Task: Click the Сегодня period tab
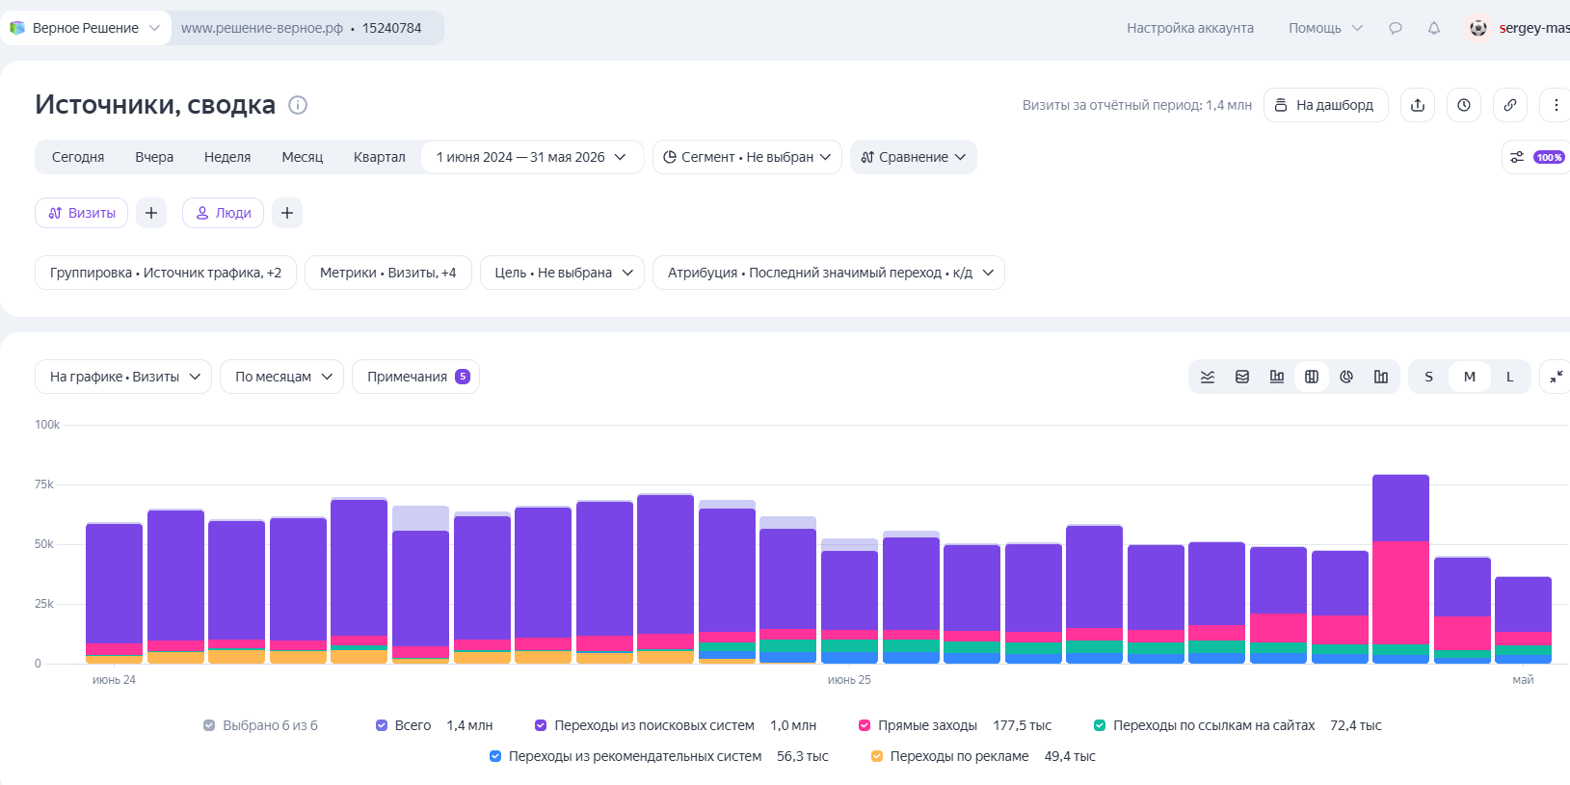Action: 78,157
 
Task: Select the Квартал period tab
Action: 379,157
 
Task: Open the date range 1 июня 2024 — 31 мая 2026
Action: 531,157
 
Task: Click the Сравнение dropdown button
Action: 914,157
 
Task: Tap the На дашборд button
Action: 1325,105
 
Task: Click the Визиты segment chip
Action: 81,213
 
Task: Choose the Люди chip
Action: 223,213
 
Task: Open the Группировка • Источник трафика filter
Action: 166,273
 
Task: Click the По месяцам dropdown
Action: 281,377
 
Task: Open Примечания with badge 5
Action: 415,377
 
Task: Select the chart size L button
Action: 1509,377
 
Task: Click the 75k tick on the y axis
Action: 44,484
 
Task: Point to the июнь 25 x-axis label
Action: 849,680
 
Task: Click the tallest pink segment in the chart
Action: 1400,592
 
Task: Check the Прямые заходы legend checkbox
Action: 865,725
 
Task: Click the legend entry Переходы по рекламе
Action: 959,756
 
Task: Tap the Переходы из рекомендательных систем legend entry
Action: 634,756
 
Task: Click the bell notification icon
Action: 1434,28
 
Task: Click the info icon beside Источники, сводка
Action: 298,105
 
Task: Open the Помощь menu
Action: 1324,28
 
